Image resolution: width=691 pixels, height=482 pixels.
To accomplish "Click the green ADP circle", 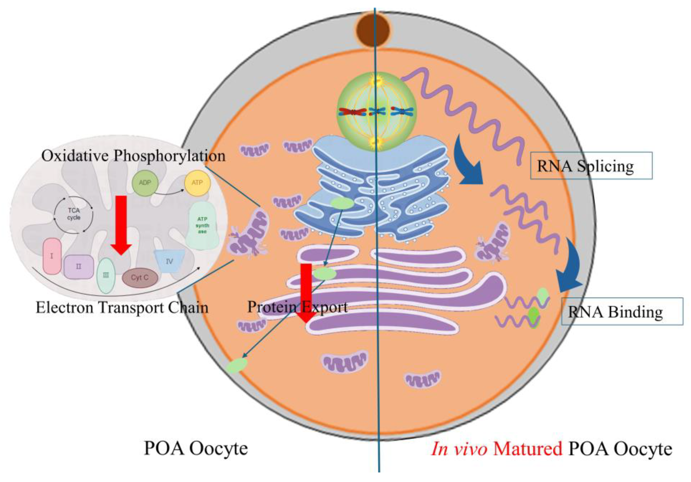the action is coord(145,183).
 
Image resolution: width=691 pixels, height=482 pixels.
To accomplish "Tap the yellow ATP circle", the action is coord(197,183).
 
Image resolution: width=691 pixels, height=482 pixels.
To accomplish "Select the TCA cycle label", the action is coord(74,214).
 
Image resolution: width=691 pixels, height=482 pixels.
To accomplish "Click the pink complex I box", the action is coord(52,256).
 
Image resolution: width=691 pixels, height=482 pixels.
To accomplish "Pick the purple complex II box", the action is coord(79,267).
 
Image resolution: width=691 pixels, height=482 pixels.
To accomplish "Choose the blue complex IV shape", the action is coord(169,261).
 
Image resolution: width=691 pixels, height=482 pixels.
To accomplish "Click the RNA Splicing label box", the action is coord(591,166).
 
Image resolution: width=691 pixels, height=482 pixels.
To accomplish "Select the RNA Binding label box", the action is coord(622,311).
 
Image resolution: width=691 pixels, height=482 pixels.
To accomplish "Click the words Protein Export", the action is coord(297,307).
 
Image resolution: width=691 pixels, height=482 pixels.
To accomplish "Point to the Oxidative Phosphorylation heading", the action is coord(133,156).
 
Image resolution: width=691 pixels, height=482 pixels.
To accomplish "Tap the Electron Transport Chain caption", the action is coord(122,308).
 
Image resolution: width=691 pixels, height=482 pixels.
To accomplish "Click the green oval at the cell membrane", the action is coord(237,366).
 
